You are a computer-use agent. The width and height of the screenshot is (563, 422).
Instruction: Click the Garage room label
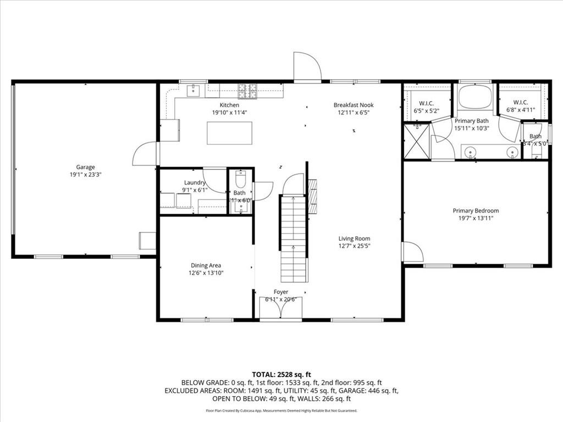(85, 167)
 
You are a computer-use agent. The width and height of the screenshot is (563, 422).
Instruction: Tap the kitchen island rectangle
(229, 133)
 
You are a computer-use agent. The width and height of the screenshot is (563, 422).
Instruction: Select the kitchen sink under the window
(193, 91)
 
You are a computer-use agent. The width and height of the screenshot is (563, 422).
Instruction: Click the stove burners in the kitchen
(248, 90)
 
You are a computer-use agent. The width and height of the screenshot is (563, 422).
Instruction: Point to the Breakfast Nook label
(353, 105)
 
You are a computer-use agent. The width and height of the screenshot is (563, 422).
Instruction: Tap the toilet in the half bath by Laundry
(239, 179)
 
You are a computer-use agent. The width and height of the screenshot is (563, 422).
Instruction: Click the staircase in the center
(293, 236)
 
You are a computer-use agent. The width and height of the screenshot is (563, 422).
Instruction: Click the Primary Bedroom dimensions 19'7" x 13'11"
(476, 218)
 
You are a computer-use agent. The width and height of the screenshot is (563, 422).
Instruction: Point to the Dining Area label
(206, 265)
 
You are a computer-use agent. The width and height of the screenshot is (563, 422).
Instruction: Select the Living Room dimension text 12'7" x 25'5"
(354, 246)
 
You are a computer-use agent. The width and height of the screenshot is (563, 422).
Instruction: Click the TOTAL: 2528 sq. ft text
(281, 374)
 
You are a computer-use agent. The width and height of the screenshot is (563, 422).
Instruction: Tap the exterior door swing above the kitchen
(307, 67)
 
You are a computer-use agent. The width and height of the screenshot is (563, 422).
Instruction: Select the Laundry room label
(195, 183)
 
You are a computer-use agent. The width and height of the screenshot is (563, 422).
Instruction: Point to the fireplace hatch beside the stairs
(312, 197)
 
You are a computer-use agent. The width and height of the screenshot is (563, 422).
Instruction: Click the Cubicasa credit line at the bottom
(281, 410)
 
